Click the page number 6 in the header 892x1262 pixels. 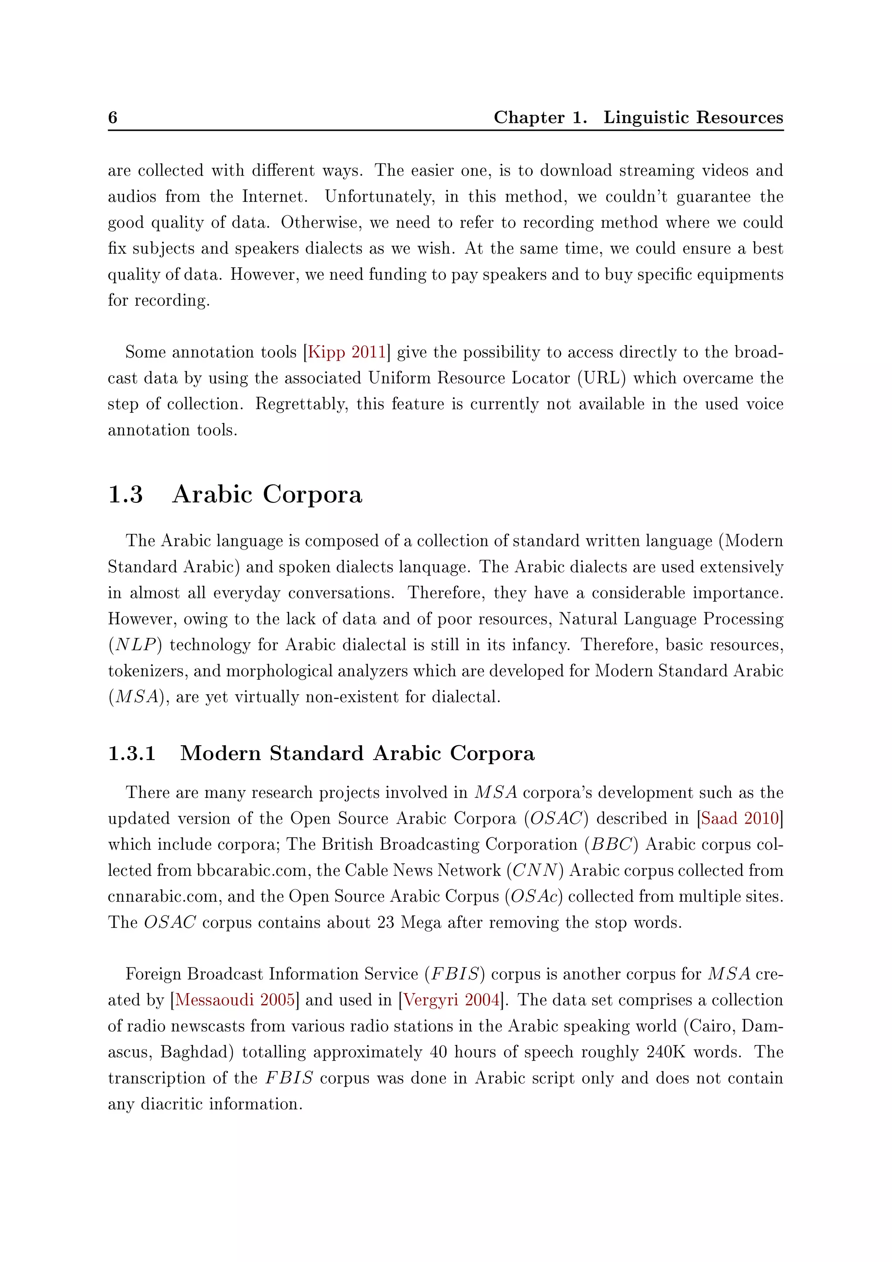(x=113, y=117)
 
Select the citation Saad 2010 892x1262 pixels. (x=740, y=818)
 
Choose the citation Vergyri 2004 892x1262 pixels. (x=452, y=1000)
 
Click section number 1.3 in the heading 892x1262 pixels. (x=125, y=494)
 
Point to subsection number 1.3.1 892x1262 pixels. (x=132, y=753)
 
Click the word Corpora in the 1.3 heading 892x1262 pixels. (x=313, y=494)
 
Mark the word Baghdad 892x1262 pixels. (x=197, y=1052)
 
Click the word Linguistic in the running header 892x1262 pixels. (x=646, y=117)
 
